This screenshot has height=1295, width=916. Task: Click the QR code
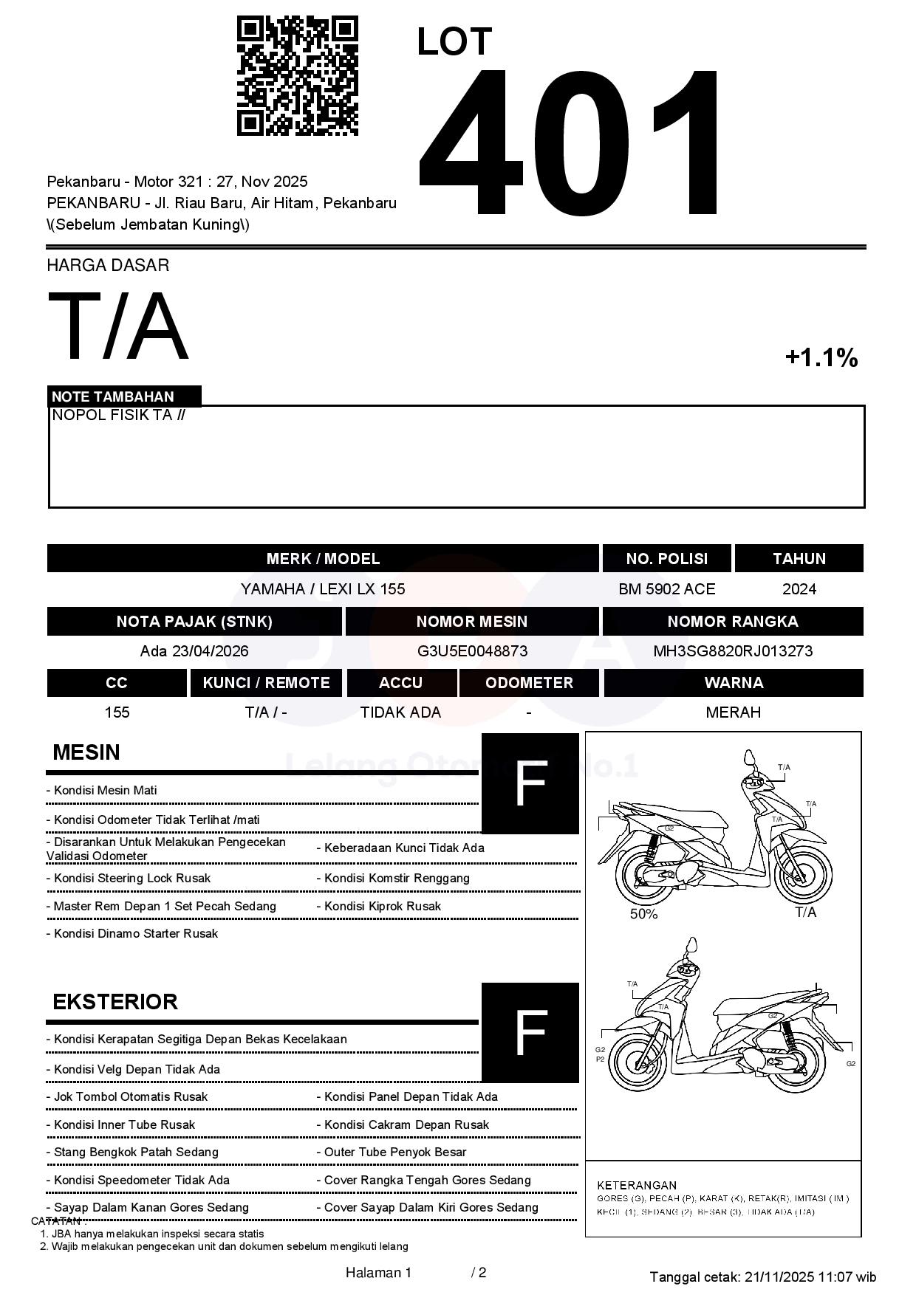click(297, 76)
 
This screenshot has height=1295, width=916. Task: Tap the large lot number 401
click(570, 144)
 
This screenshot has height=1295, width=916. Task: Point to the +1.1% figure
click(821, 358)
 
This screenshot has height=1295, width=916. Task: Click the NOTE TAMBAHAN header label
click(113, 396)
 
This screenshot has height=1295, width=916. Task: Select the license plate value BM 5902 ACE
click(666, 589)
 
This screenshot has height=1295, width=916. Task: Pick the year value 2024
click(799, 589)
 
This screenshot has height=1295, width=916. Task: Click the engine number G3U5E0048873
click(472, 651)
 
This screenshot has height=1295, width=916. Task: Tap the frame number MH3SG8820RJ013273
click(732, 651)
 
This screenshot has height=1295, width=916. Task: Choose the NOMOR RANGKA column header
click(732, 622)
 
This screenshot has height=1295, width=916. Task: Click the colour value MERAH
click(733, 712)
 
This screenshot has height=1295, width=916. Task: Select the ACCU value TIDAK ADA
click(400, 712)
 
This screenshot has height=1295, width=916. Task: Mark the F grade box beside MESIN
click(530, 783)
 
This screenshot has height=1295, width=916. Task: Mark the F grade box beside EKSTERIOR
click(530, 1032)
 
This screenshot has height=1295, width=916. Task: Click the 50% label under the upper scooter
click(643, 914)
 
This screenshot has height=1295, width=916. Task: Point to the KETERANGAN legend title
click(637, 1185)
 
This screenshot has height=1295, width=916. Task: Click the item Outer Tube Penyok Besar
click(395, 1153)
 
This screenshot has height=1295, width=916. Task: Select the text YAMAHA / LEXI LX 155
click(323, 589)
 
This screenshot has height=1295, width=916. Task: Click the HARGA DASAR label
click(108, 266)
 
